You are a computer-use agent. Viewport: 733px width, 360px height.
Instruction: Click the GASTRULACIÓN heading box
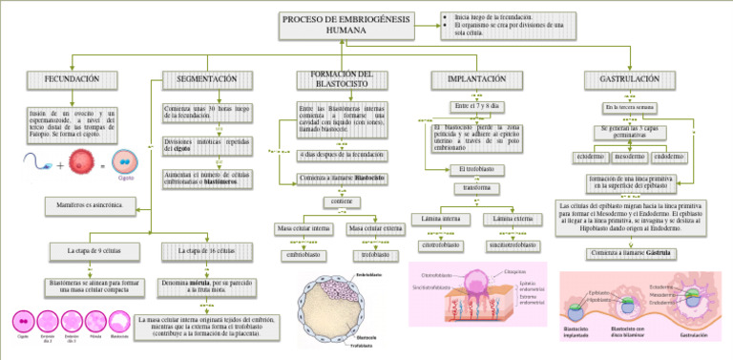[x=628, y=78]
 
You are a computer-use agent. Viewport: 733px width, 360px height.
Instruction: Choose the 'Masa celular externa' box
[x=375, y=229]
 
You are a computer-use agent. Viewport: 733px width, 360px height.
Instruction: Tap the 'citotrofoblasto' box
[x=440, y=245]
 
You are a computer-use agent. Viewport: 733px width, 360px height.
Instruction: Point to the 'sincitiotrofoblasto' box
[x=513, y=245]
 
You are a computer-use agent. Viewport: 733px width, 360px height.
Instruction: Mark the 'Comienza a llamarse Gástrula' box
[x=627, y=253]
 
